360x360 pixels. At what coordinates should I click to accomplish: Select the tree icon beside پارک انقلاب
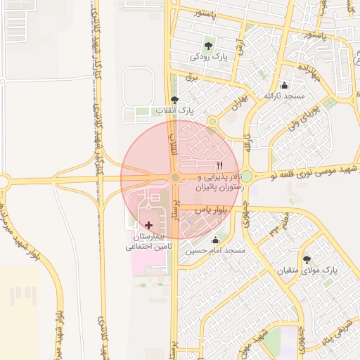coord(174,100)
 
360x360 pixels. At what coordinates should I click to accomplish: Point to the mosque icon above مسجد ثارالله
coord(283,84)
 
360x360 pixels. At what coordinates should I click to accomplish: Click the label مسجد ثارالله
coord(283,95)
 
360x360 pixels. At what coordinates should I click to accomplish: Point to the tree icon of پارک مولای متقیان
coord(306,259)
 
